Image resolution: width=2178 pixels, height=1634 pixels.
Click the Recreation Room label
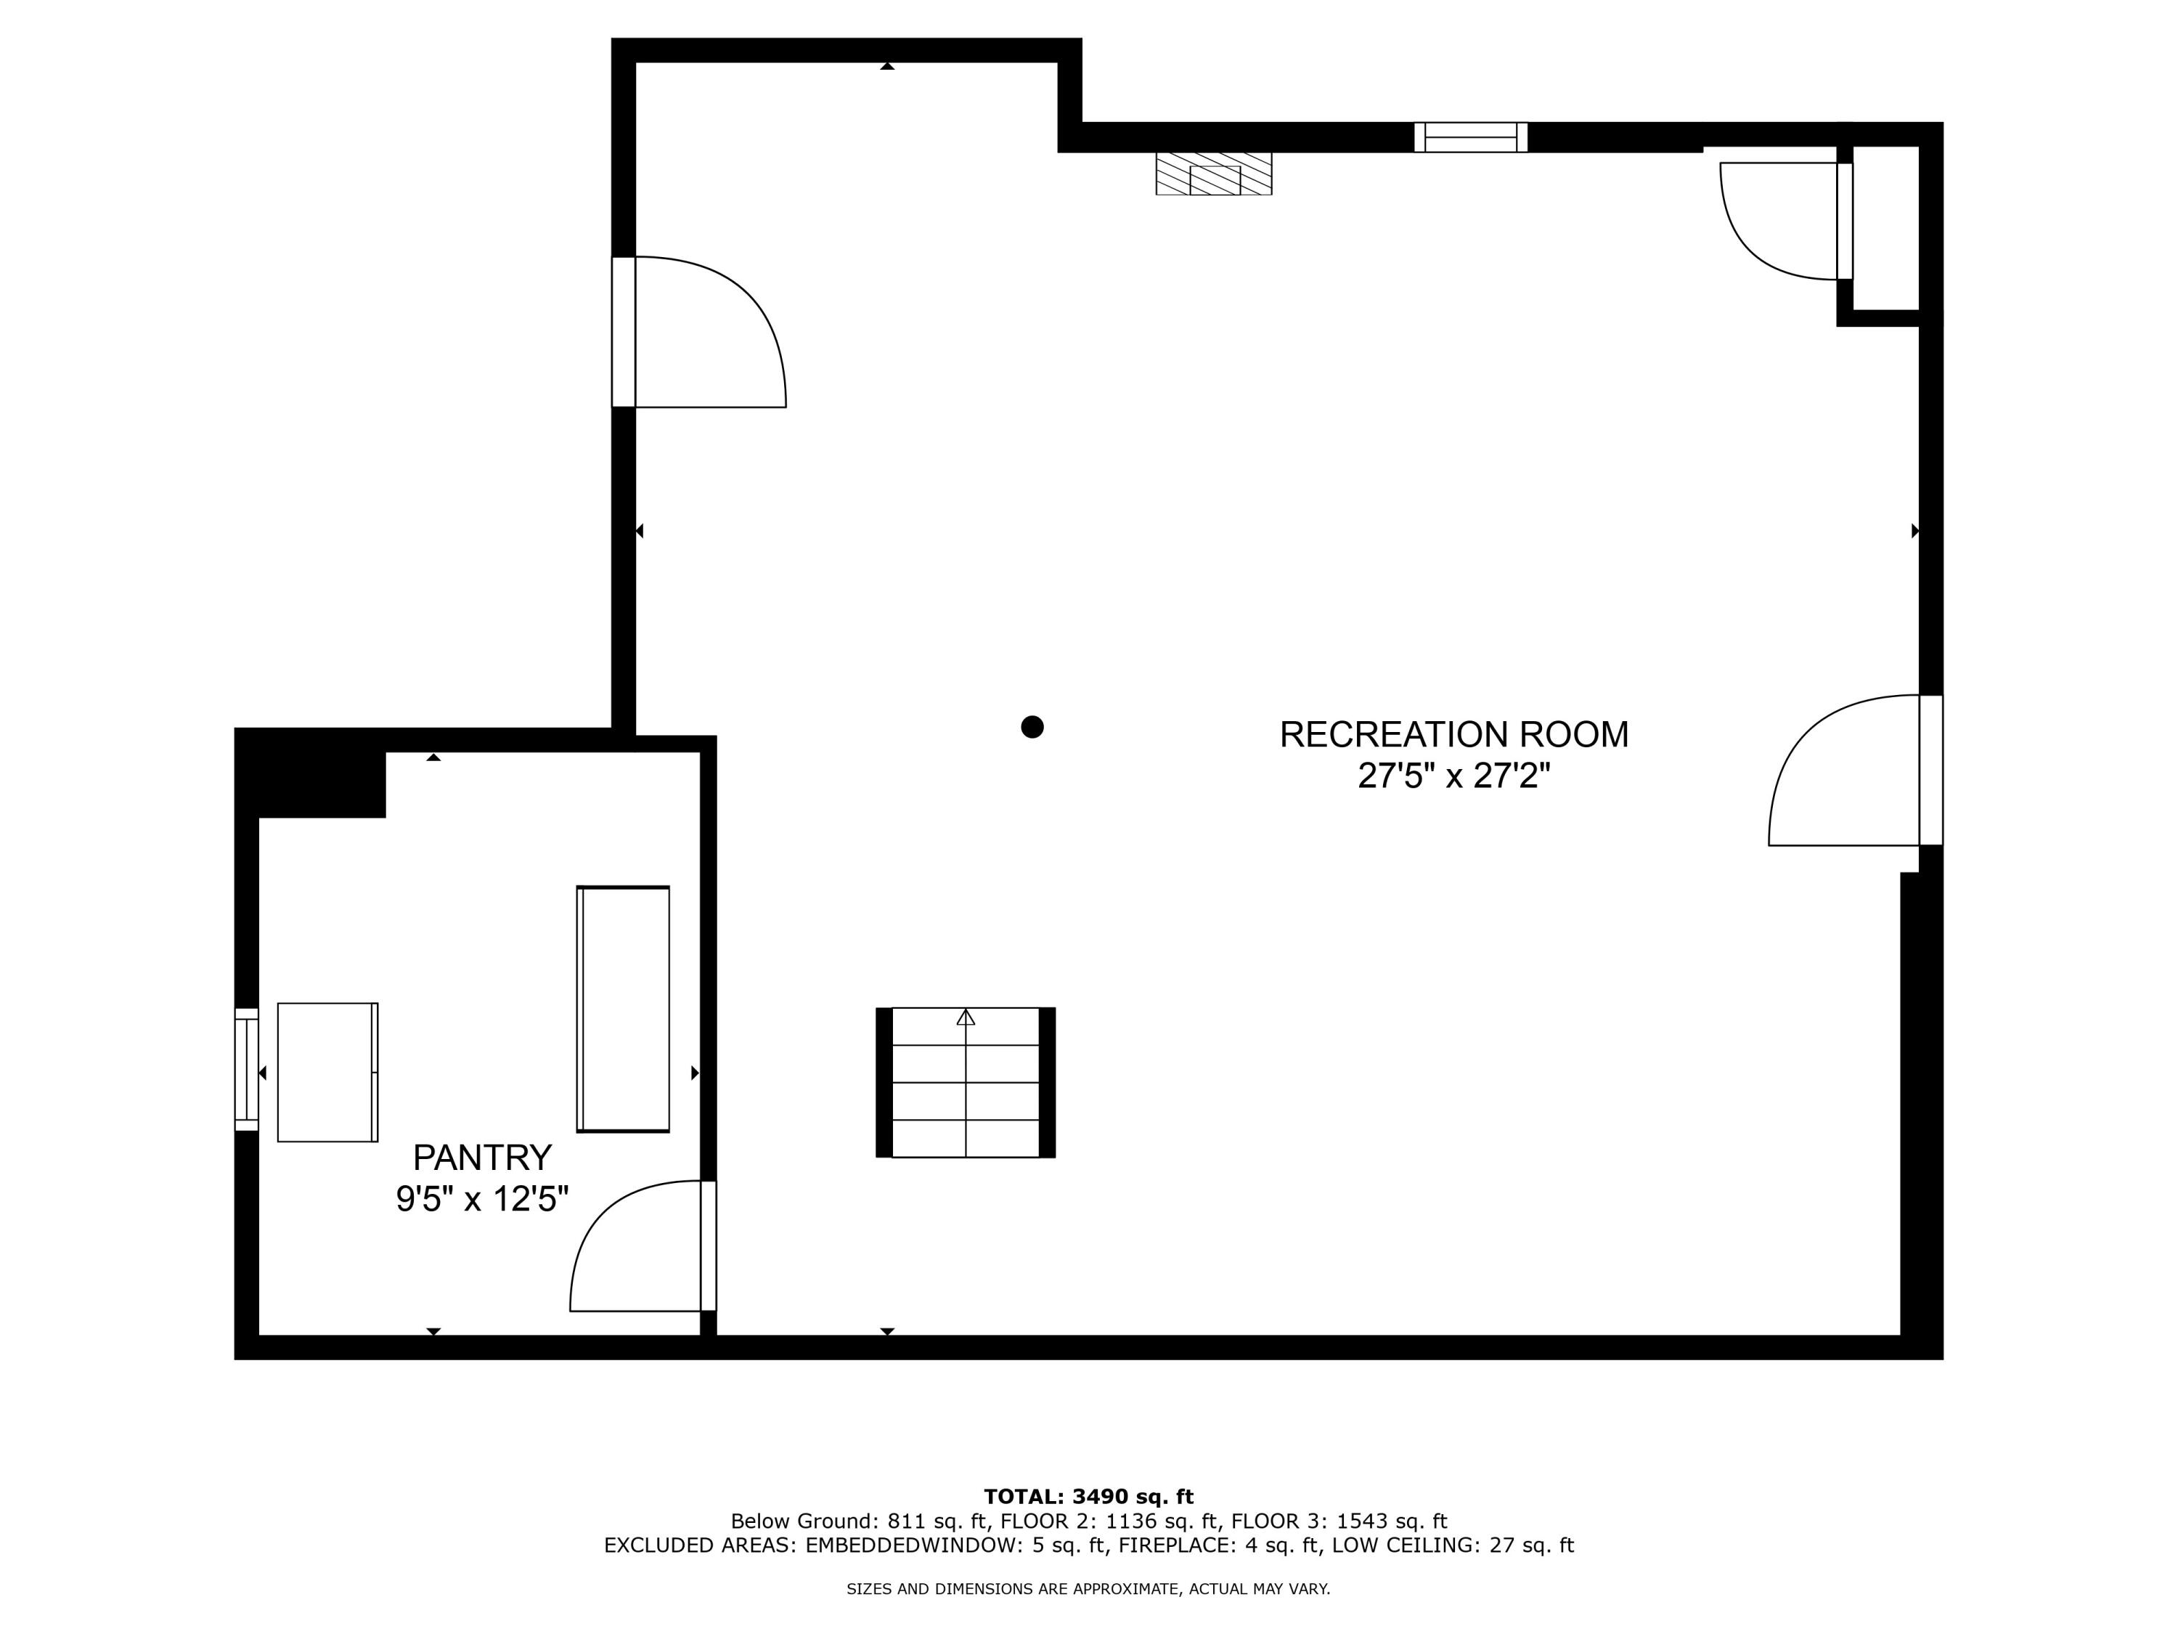click(x=1453, y=735)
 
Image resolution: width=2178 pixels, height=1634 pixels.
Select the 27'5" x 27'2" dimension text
click(x=1453, y=777)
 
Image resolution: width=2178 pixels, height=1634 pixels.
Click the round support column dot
click(x=1032, y=727)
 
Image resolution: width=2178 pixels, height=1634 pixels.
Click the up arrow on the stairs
click(x=966, y=1017)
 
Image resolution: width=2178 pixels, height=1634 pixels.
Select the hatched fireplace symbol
click(x=1213, y=174)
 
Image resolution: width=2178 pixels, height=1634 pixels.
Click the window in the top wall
click(x=1470, y=137)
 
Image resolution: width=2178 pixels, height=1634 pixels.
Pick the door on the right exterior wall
click(x=1846, y=771)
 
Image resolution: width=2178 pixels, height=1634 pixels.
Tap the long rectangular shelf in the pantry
click(x=623, y=1009)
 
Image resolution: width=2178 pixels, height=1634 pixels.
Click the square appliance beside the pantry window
click(x=327, y=1072)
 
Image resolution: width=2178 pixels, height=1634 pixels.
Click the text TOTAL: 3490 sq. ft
click(x=1088, y=1497)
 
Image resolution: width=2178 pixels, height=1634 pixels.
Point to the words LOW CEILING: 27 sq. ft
click(x=1452, y=1545)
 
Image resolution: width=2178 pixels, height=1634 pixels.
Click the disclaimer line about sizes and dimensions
click(x=1088, y=1589)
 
